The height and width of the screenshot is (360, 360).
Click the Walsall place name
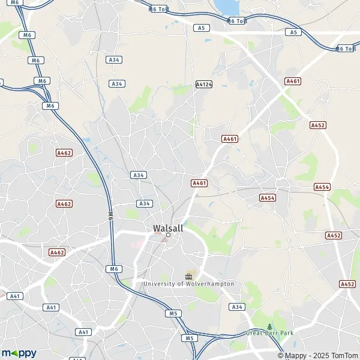[168, 228]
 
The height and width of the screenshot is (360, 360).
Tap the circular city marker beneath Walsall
[169, 235]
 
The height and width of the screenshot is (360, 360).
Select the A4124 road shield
[204, 85]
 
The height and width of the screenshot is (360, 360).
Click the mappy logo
[19, 353]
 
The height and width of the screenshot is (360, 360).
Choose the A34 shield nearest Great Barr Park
[237, 307]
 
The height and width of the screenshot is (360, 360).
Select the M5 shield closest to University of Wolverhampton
[174, 313]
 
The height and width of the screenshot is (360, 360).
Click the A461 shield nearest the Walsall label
[199, 183]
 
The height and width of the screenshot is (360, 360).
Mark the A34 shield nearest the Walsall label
[144, 203]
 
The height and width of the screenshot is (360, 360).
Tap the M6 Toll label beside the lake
[237, 21]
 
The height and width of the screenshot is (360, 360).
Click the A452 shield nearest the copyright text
[347, 284]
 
